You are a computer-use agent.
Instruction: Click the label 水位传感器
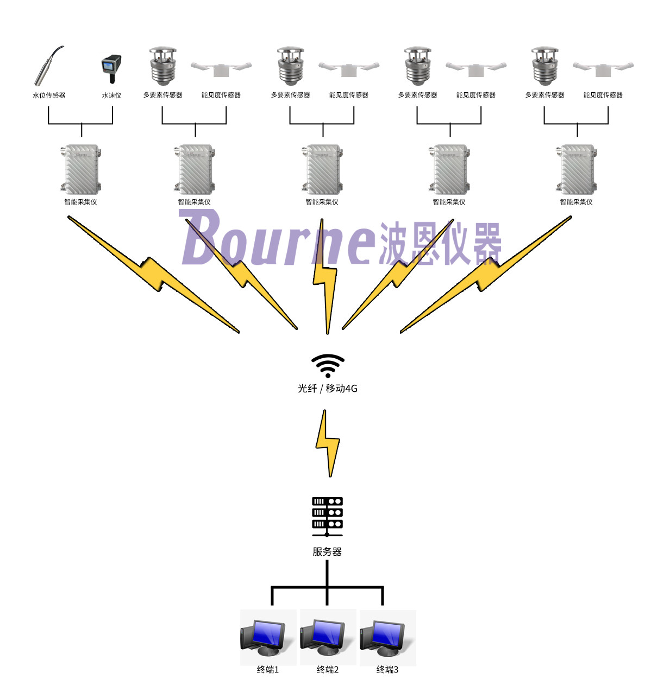click(x=49, y=96)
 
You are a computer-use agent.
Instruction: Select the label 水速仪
click(x=111, y=96)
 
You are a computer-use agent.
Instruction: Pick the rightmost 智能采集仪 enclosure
click(x=577, y=169)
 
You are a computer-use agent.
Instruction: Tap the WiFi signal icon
click(x=328, y=366)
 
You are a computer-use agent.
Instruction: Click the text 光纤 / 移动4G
click(x=328, y=389)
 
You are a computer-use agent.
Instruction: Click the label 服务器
click(x=327, y=552)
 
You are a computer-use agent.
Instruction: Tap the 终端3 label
click(x=387, y=670)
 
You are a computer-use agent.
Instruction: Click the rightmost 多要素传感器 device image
click(x=545, y=67)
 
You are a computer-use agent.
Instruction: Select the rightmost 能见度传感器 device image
click(x=603, y=68)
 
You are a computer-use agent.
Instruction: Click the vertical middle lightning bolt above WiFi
click(x=325, y=277)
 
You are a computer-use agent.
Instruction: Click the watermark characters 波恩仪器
click(x=440, y=243)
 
